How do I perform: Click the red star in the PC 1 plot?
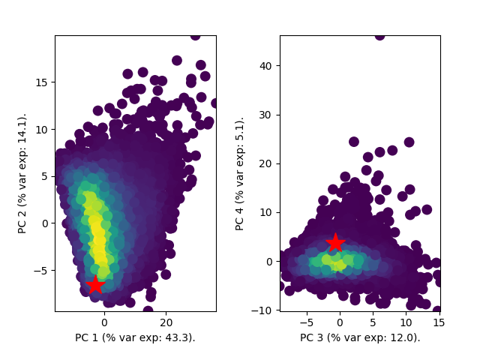pos(95,285)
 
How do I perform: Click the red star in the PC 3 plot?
pos(335,242)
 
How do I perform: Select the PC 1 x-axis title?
pos(135,337)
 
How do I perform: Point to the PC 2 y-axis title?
pos(23,173)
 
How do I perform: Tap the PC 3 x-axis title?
pos(360,337)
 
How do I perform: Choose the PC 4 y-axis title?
pos(240,173)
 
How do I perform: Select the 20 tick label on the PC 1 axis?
pos(166,322)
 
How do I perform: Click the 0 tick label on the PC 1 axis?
pos(104,322)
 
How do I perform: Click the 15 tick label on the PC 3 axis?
pos(439,322)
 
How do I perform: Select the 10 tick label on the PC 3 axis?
pos(406,322)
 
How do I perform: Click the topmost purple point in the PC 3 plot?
pos(379,35)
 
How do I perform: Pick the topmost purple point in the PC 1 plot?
pos(195,35)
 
